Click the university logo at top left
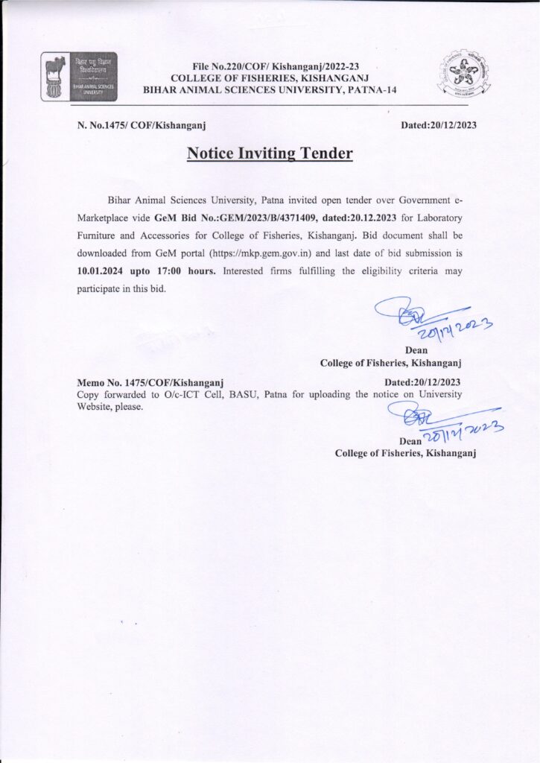(x=79, y=77)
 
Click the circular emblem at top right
(x=464, y=76)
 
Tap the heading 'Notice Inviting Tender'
(x=270, y=153)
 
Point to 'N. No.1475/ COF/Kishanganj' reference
(x=142, y=124)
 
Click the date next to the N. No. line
(x=439, y=124)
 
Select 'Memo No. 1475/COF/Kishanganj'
(x=151, y=382)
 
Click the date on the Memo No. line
(x=422, y=382)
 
